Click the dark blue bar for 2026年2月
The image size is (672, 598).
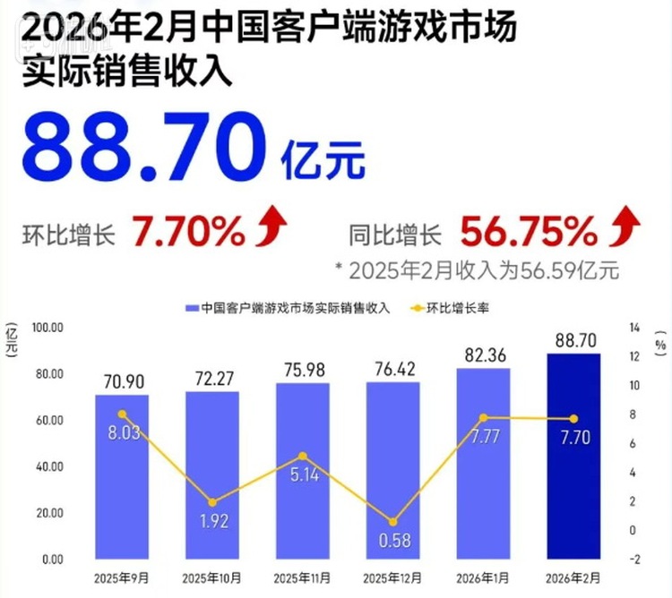click(573, 457)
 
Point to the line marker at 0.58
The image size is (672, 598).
click(393, 522)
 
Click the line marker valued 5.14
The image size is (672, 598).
click(303, 457)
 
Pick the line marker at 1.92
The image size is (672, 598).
click(212, 502)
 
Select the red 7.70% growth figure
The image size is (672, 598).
click(190, 235)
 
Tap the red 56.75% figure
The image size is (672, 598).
click(529, 235)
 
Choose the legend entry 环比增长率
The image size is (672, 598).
click(452, 308)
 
